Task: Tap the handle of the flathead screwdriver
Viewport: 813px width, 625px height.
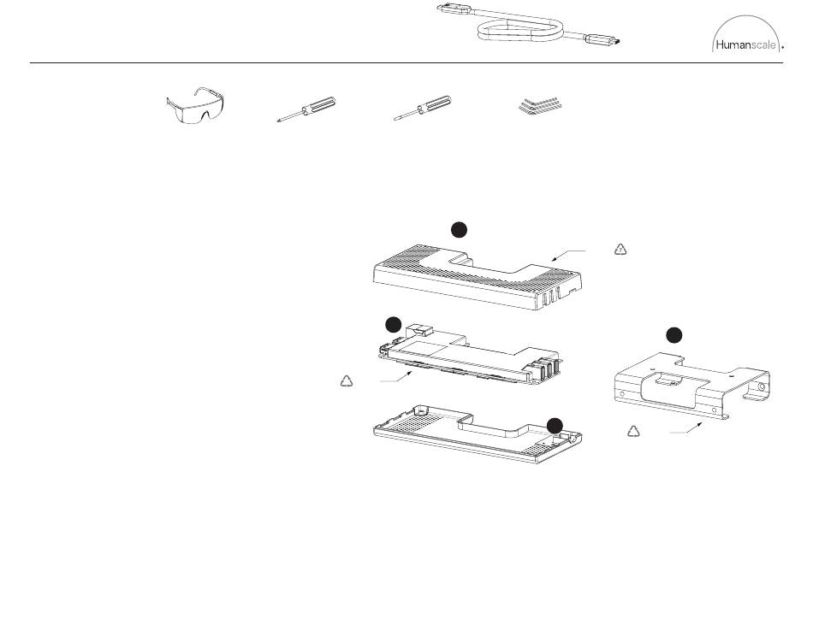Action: click(434, 107)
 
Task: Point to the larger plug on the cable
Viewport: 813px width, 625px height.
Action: click(454, 9)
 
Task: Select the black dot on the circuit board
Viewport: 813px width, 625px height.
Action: click(393, 324)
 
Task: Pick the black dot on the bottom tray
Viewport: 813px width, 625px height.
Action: click(555, 424)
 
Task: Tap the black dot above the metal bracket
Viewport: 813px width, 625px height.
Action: click(674, 333)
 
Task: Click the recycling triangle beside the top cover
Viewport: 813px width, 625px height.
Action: click(621, 250)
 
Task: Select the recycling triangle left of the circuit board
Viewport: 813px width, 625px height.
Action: click(347, 381)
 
